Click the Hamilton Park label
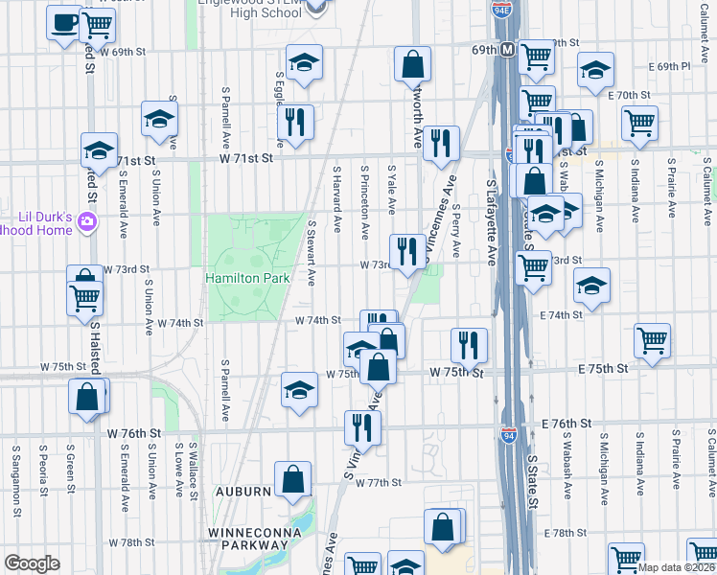click(x=247, y=278)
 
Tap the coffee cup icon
click(x=64, y=22)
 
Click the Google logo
click(x=32, y=563)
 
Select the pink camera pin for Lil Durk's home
click(x=88, y=222)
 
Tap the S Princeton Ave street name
click(x=365, y=202)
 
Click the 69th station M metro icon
click(x=507, y=49)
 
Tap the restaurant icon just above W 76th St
click(x=362, y=426)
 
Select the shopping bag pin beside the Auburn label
click(x=292, y=479)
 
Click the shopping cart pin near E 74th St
click(x=652, y=339)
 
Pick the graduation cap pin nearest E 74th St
click(x=591, y=285)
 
